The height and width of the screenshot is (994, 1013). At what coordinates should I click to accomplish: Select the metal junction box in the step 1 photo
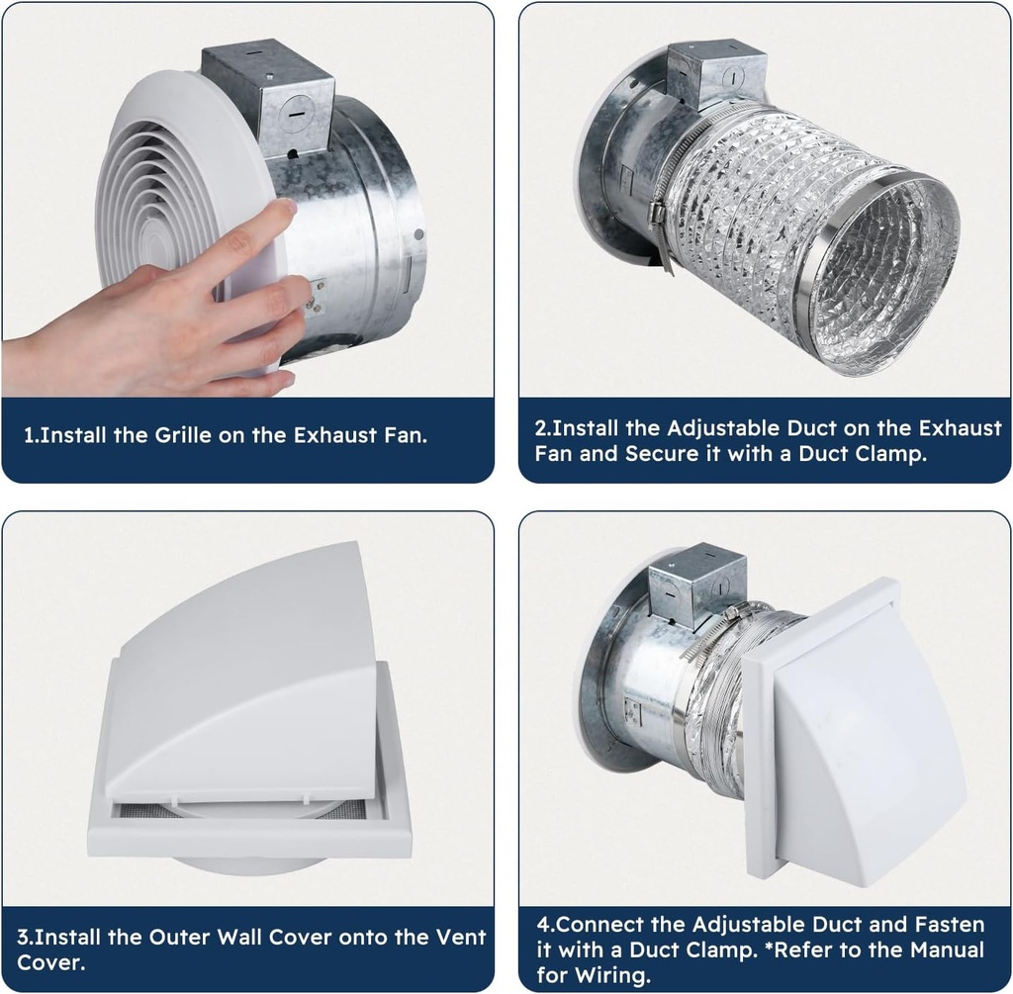click(x=268, y=96)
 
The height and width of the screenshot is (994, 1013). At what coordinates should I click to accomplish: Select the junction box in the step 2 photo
click(x=717, y=75)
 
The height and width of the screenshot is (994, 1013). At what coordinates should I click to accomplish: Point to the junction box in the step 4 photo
click(x=689, y=586)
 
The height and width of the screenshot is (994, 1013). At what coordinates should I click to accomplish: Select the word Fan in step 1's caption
click(x=406, y=435)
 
